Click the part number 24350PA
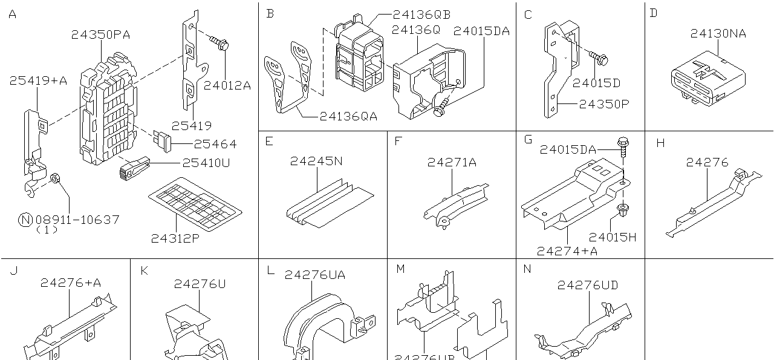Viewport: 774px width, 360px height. [x=100, y=34]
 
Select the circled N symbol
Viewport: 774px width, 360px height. [x=25, y=220]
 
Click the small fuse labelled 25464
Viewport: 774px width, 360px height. [x=164, y=140]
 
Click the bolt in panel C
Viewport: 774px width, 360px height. [x=599, y=59]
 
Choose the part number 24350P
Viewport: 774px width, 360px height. [x=604, y=103]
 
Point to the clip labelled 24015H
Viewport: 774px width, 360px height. [x=621, y=210]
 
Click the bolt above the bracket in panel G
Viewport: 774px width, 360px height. [x=624, y=145]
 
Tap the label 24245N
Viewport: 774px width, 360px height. [x=316, y=162]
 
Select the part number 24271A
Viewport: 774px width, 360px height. [x=452, y=162]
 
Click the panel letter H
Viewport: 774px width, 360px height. [x=660, y=143]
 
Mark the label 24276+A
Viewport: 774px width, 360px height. [x=71, y=283]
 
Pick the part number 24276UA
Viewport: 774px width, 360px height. [x=315, y=275]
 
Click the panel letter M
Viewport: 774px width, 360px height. [x=400, y=269]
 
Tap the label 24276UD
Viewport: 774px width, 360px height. [x=588, y=284]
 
